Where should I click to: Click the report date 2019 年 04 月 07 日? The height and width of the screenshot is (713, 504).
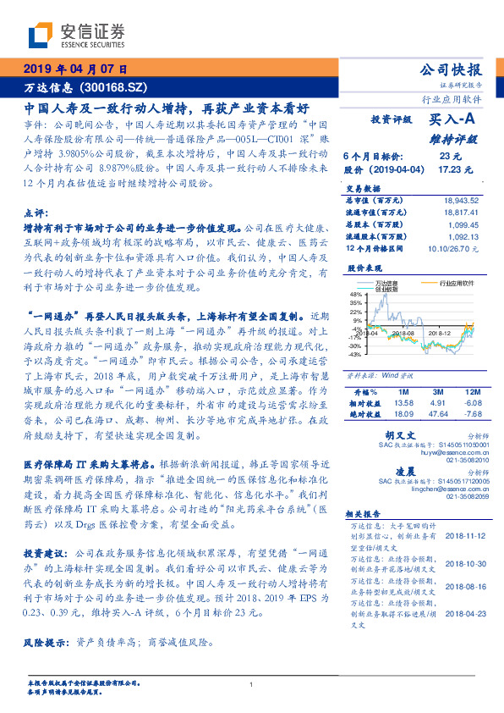pos(74,69)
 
